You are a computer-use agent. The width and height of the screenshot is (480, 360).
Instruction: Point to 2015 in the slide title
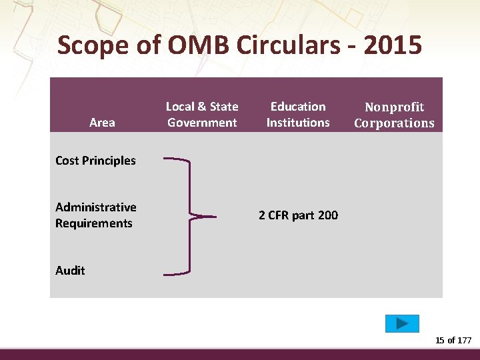(x=394, y=45)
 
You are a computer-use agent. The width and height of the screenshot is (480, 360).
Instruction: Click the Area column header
(x=102, y=123)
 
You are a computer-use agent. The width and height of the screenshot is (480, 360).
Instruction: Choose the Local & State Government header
(x=202, y=114)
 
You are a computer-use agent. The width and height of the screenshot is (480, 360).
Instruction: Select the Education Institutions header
(x=298, y=114)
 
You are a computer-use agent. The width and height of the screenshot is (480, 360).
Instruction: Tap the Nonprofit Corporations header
(x=394, y=115)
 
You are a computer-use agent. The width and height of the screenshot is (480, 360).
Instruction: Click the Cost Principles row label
(x=95, y=161)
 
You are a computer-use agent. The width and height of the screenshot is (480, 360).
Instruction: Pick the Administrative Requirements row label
(x=95, y=215)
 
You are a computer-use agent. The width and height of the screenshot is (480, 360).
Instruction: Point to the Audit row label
(x=70, y=271)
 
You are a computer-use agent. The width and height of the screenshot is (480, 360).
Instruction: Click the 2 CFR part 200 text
(x=298, y=215)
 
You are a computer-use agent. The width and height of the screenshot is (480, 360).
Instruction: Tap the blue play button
(x=402, y=323)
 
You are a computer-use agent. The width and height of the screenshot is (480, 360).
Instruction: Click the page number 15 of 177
(x=453, y=341)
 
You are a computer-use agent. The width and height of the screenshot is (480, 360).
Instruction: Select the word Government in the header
(x=202, y=123)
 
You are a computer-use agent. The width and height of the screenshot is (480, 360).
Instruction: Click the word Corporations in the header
(x=394, y=123)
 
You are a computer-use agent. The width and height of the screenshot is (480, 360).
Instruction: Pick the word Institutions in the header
(x=298, y=123)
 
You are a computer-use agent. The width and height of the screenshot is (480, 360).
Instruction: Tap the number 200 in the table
(x=327, y=215)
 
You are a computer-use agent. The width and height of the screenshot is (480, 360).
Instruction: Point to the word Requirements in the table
(x=94, y=223)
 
